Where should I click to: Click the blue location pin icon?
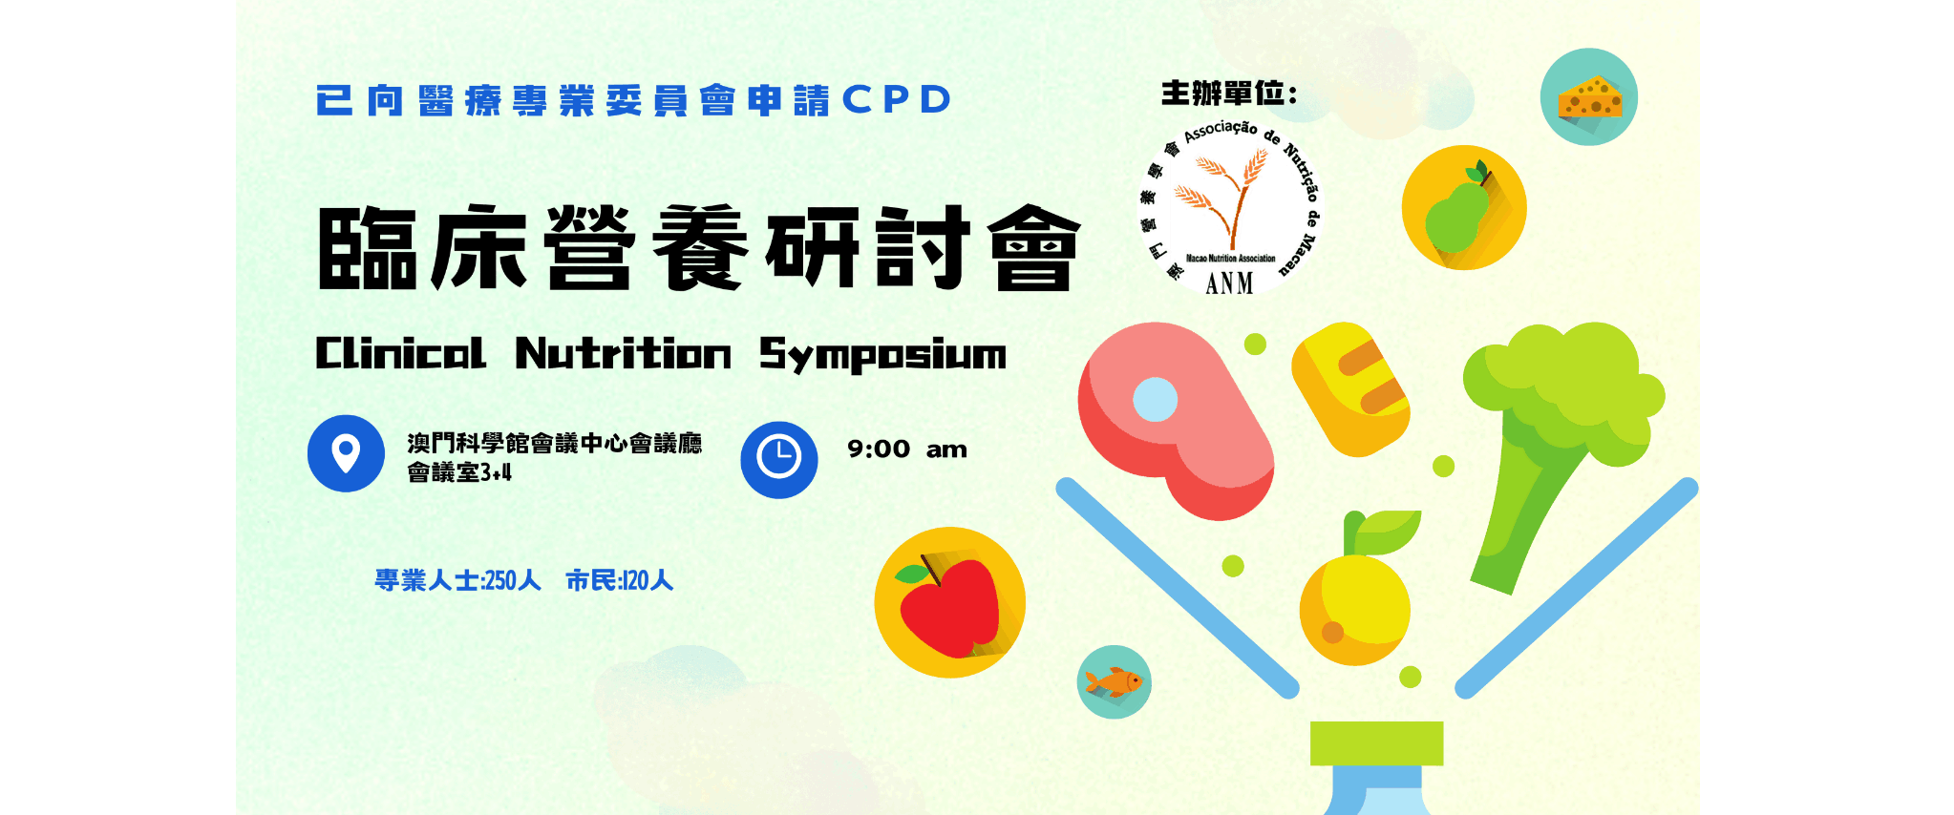[346, 453]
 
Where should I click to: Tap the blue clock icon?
[779, 459]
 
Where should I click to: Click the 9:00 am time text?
[907, 449]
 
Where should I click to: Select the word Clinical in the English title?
[401, 353]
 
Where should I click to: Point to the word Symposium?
[882, 354]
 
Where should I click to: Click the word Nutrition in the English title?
[623, 353]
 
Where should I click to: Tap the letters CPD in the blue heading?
[897, 99]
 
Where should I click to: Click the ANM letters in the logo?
[1229, 283]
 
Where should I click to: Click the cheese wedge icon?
[1589, 97]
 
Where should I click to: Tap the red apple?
[949, 606]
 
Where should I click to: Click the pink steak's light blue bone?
[1155, 400]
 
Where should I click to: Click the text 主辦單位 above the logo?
[1222, 94]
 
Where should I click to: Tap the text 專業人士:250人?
[457, 580]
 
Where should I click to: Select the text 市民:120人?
[620, 580]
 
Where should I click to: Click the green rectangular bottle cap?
[1376, 743]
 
